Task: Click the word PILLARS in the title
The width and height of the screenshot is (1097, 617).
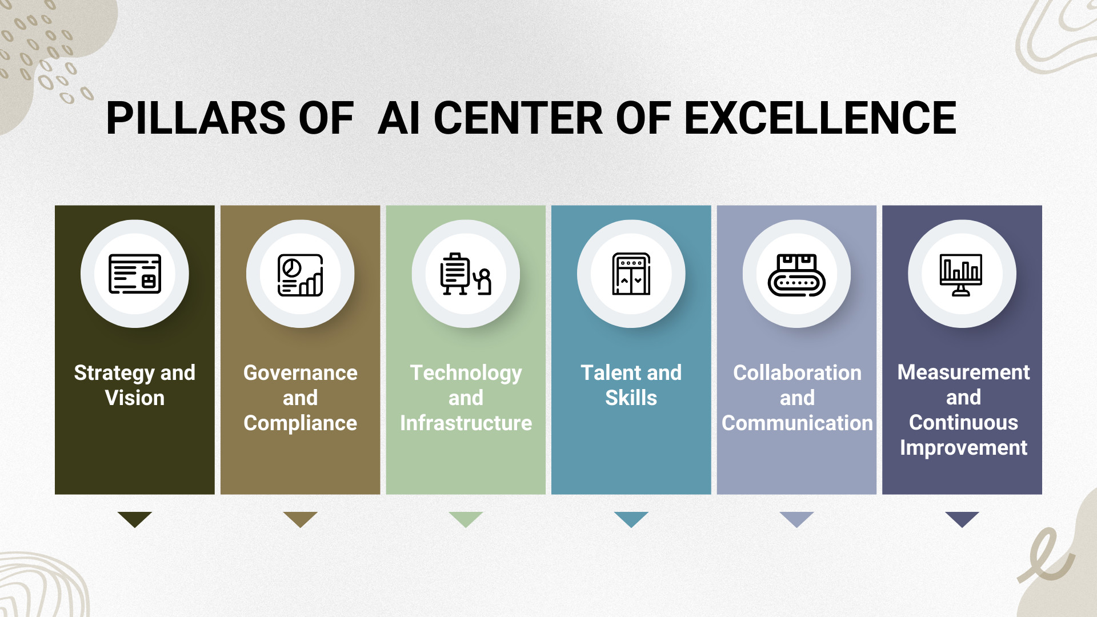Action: pos(196,118)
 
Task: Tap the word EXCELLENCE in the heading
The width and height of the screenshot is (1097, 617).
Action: pos(820,118)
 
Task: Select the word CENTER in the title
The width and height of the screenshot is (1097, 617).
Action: pos(518,118)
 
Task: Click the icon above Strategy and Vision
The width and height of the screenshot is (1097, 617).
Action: pos(135,274)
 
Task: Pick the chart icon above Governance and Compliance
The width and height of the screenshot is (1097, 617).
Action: pos(301,275)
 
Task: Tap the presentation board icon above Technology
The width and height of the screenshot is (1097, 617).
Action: pos(466,274)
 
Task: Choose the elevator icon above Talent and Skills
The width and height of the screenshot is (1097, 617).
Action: pos(631,274)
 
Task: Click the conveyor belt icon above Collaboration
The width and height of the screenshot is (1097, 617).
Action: pos(796,275)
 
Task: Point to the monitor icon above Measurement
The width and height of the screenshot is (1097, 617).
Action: pos(961,275)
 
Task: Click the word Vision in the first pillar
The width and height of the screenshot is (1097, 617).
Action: pos(135,398)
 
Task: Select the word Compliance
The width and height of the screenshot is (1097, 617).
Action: pos(301,423)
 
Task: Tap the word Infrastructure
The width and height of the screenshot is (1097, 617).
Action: pos(466,423)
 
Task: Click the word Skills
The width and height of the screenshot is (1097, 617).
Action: pos(631,398)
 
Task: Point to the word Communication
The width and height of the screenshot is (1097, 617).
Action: pos(797,423)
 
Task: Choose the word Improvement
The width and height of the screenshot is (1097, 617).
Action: pos(963,448)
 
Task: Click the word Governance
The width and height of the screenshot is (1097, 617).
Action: pos(301,372)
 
